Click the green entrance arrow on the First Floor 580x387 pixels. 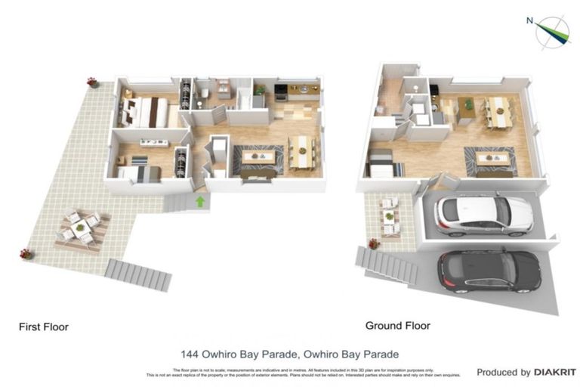(x=200, y=201)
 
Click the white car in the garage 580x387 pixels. (x=483, y=215)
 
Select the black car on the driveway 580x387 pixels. (x=489, y=271)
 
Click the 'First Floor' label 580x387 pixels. (x=44, y=327)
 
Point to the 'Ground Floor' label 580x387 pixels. (x=398, y=326)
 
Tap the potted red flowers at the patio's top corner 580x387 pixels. (x=92, y=82)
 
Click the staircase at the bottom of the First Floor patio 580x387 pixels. (x=139, y=275)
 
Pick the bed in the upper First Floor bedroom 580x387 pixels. (x=145, y=113)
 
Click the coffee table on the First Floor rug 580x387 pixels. (x=258, y=156)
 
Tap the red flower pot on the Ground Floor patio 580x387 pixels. (x=373, y=243)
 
